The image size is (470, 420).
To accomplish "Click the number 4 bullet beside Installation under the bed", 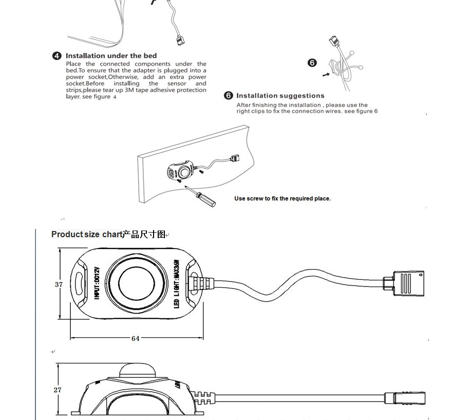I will [x=57, y=56].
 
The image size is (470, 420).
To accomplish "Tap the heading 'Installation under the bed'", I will [x=111, y=56].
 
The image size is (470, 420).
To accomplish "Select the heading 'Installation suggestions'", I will [x=280, y=96].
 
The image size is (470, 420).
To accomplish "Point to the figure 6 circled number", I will [x=312, y=63].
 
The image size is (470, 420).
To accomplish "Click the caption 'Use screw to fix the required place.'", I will [x=282, y=199].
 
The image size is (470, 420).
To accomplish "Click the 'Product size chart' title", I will [x=86, y=235].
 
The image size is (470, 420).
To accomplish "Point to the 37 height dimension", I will [x=59, y=284].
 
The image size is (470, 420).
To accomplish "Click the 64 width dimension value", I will [x=136, y=338].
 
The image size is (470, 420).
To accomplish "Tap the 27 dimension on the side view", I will [x=58, y=390].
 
